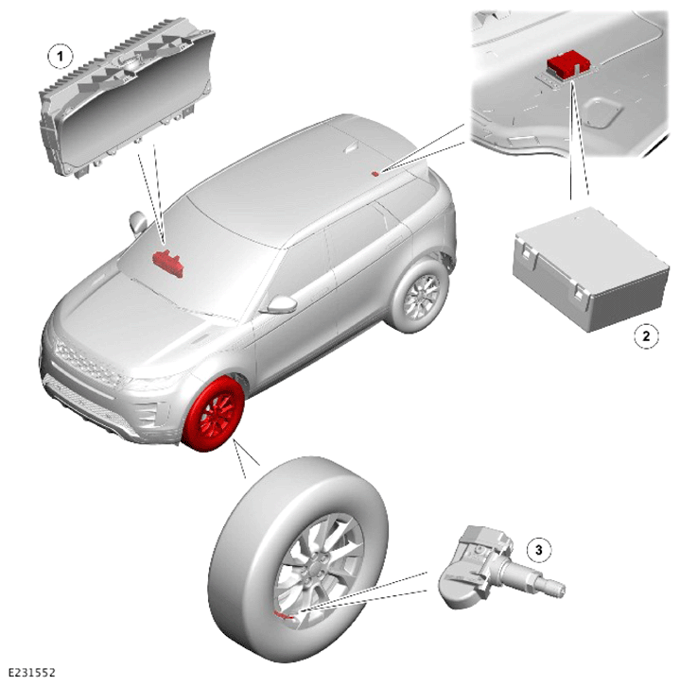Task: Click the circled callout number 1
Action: coord(60,56)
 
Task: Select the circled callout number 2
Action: coord(645,336)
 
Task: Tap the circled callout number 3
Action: coord(538,550)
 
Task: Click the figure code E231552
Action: coord(32,672)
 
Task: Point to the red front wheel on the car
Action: coord(213,415)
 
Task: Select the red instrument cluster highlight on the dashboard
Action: coord(167,264)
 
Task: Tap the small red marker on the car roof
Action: coord(375,174)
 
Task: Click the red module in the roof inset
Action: coord(568,63)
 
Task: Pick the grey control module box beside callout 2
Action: coord(591,268)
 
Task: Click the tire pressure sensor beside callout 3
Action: coord(499,568)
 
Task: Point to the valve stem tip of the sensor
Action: coord(558,588)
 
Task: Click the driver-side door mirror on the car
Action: coord(278,304)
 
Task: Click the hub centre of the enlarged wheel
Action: coord(316,570)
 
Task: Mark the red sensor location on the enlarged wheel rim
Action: coord(283,615)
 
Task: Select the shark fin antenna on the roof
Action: coord(352,148)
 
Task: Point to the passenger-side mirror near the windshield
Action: coord(138,223)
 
